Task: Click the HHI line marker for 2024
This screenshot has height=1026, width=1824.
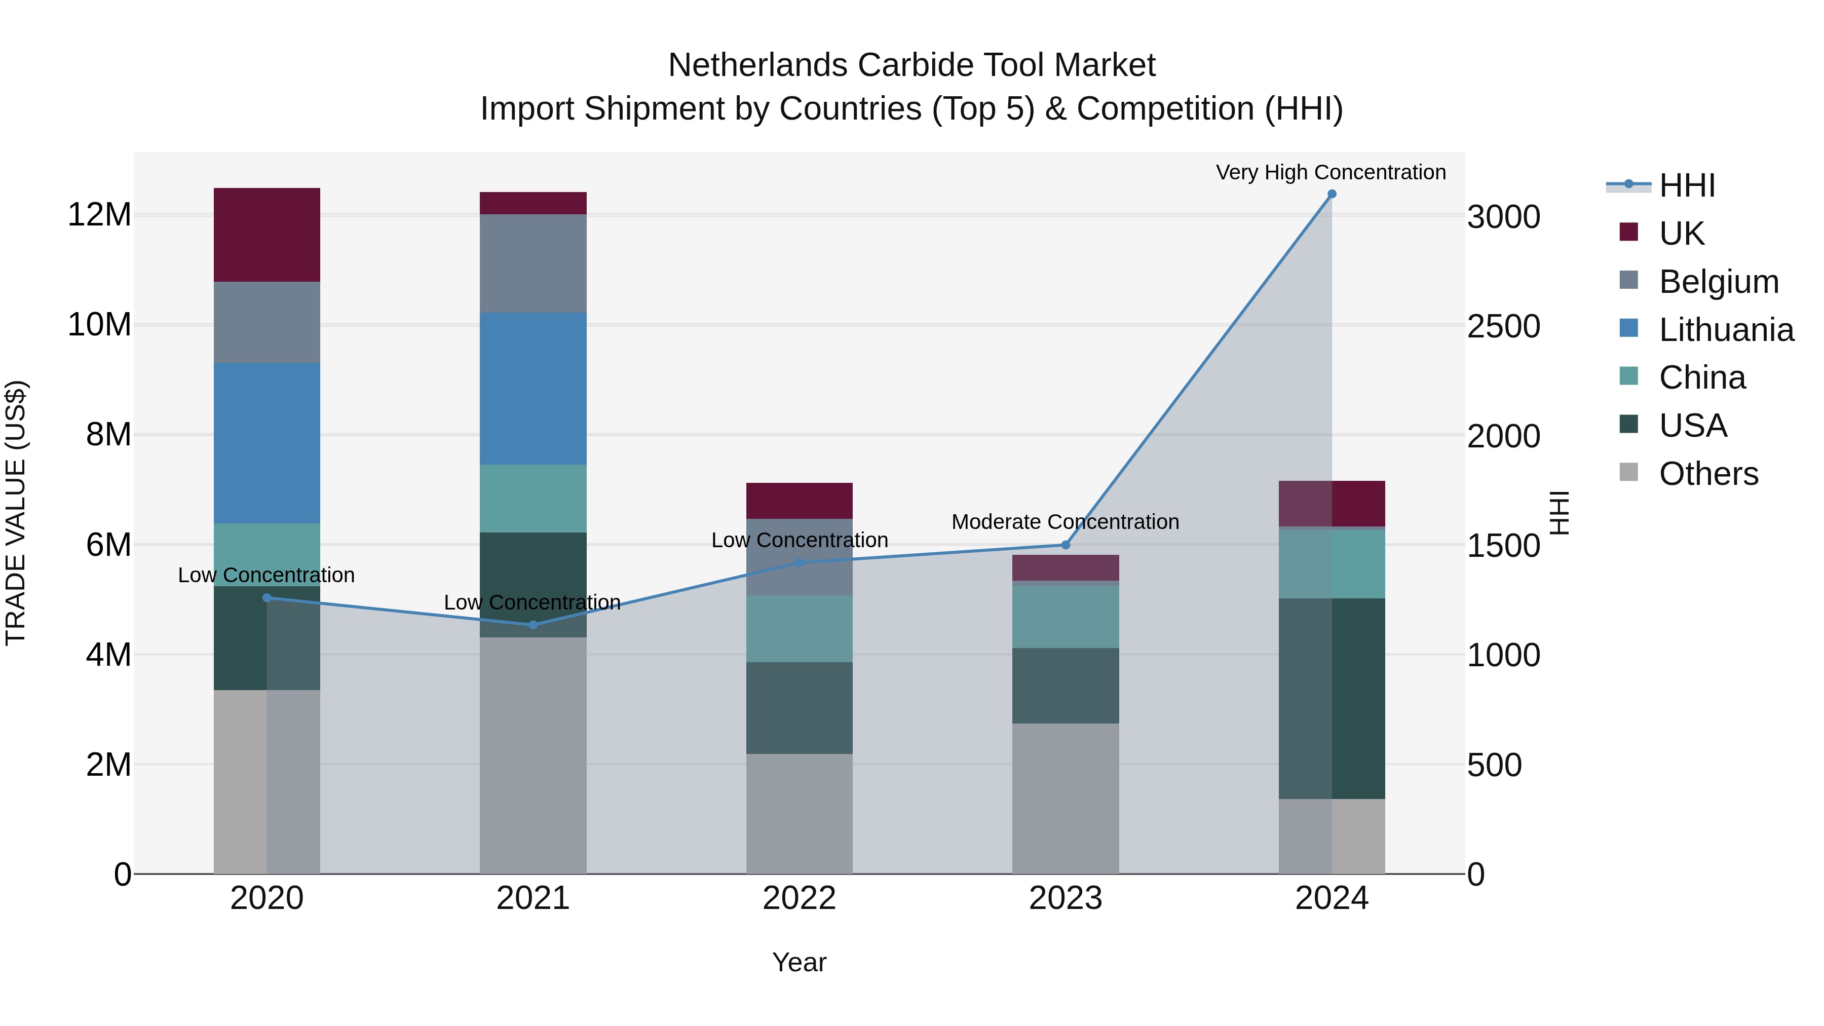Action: click(x=1331, y=194)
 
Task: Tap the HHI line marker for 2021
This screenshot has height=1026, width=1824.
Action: click(x=533, y=625)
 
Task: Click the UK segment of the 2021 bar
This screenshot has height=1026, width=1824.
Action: click(x=533, y=203)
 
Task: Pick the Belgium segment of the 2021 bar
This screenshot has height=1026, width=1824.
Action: click(x=533, y=263)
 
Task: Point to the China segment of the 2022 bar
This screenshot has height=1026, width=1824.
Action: click(x=800, y=629)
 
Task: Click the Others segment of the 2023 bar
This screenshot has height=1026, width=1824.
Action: click(x=1066, y=799)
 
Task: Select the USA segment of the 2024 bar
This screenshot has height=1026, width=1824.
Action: click(x=1331, y=698)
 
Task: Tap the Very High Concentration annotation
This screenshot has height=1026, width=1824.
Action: click(x=1331, y=172)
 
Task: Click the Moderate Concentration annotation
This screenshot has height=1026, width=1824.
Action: click(x=1065, y=522)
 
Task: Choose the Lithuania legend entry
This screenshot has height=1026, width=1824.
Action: click(x=1726, y=330)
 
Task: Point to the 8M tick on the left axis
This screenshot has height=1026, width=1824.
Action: click(x=108, y=434)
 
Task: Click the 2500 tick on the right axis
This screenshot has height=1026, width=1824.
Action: click(x=1503, y=326)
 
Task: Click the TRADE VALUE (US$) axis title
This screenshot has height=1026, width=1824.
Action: click(x=16, y=513)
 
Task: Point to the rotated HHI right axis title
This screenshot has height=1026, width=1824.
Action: click(x=1559, y=513)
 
